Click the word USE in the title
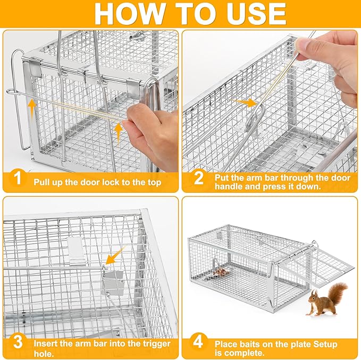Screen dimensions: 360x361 point(252,14)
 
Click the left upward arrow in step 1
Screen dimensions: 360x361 point(32,106)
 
